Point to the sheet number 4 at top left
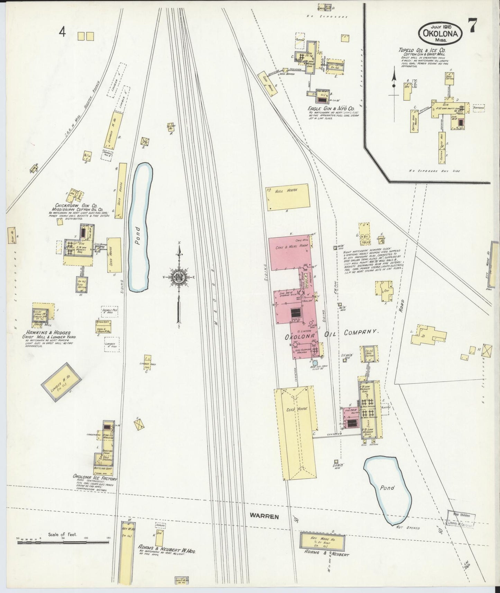point(62,32)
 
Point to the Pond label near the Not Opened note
point(387,488)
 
